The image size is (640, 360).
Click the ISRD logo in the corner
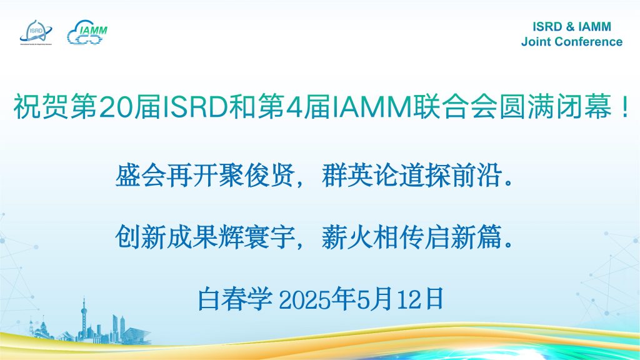click(x=36, y=32)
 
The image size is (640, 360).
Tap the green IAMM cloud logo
click(x=87, y=32)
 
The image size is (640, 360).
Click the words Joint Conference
click(x=571, y=42)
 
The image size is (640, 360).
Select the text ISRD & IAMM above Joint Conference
click(x=571, y=26)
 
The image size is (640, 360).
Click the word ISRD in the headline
click(x=195, y=106)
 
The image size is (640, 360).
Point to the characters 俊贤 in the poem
click(x=270, y=176)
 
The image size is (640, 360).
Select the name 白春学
click(x=235, y=299)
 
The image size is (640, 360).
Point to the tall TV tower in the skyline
click(x=84, y=321)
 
